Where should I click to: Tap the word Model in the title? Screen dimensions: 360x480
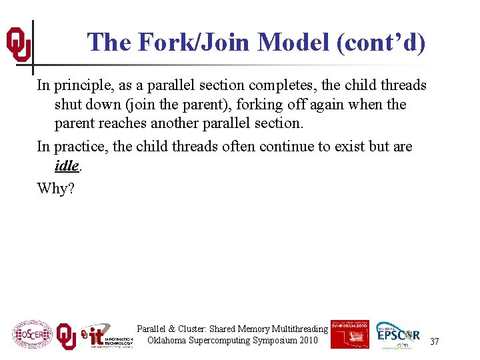(x=293, y=43)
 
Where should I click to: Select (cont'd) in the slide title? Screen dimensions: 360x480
(x=381, y=43)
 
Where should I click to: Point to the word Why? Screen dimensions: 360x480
(x=56, y=189)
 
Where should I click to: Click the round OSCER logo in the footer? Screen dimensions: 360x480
(x=31, y=335)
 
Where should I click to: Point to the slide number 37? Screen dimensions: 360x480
(x=435, y=341)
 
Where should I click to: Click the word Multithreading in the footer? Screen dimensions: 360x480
(x=297, y=329)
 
